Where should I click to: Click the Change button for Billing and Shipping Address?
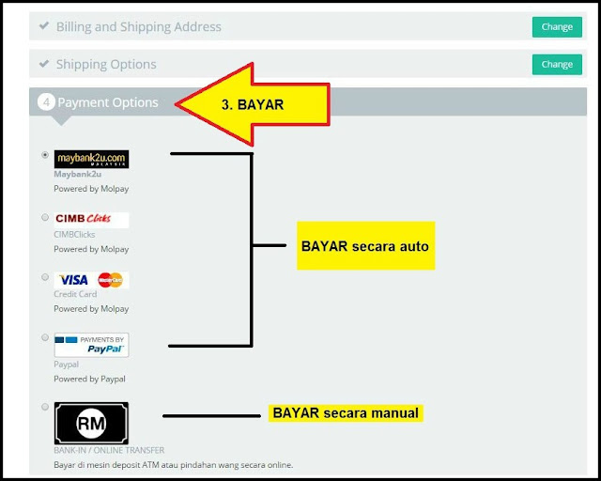tap(556, 27)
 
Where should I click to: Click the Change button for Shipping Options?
tap(556, 65)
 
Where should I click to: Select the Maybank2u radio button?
tap(45, 155)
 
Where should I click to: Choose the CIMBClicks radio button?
tap(45, 217)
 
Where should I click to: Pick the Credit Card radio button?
tap(45, 277)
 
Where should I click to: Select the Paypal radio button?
tap(45, 337)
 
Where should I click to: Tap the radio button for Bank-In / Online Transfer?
tap(45, 407)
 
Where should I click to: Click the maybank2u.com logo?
tap(91, 159)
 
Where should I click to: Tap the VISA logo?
tap(73, 280)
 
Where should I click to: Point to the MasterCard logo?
tap(110, 280)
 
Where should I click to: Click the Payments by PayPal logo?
tap(91, 345)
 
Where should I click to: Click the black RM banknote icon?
tap(91, 423)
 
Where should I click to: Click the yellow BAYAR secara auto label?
tap(365, 246)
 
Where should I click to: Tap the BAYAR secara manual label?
tap(346, 412)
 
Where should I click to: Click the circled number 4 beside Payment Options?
tap(46, 101)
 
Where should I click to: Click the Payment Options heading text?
tap(108, 101)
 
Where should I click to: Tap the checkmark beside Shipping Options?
tap(43, 64)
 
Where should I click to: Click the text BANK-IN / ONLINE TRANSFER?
tap(109, 451)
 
